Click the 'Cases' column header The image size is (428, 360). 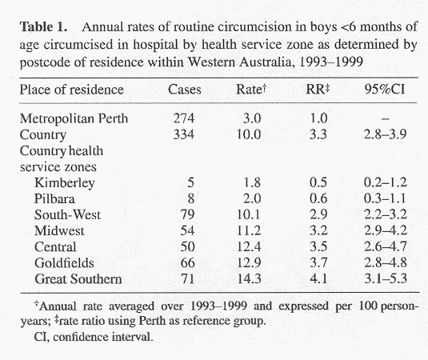[185, 90]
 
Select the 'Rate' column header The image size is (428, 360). [251, 90]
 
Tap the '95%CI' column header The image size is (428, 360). [385, 90]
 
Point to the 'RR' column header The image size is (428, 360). [318, 90]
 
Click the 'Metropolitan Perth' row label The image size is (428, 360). [74, 118]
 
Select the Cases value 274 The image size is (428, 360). [184, 118]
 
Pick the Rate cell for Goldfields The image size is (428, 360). [249, 263]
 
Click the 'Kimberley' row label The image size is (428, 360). [65, 183]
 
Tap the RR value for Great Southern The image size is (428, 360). [318, 279]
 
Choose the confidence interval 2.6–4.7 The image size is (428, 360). [386, 246]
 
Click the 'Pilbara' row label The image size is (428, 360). [54, 198]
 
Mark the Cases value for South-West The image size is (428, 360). [187, 214]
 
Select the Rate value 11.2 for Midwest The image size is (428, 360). [249, 230]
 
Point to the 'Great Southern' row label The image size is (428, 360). [78, 279]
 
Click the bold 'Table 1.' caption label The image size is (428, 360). [43, 27]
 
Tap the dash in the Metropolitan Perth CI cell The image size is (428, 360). [385, 118]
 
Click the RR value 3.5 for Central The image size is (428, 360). [318, 246]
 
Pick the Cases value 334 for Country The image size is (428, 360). [184, 134]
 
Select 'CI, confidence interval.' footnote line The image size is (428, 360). [94, 337]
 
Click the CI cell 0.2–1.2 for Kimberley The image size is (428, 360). [386, 182]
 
